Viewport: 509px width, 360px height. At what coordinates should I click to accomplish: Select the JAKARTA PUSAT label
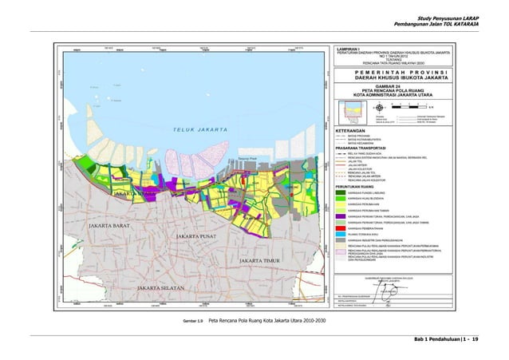point(199,237)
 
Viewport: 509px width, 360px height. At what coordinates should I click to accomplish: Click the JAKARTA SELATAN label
point(164,287)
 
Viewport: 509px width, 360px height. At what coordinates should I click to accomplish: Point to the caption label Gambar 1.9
point(194,320)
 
